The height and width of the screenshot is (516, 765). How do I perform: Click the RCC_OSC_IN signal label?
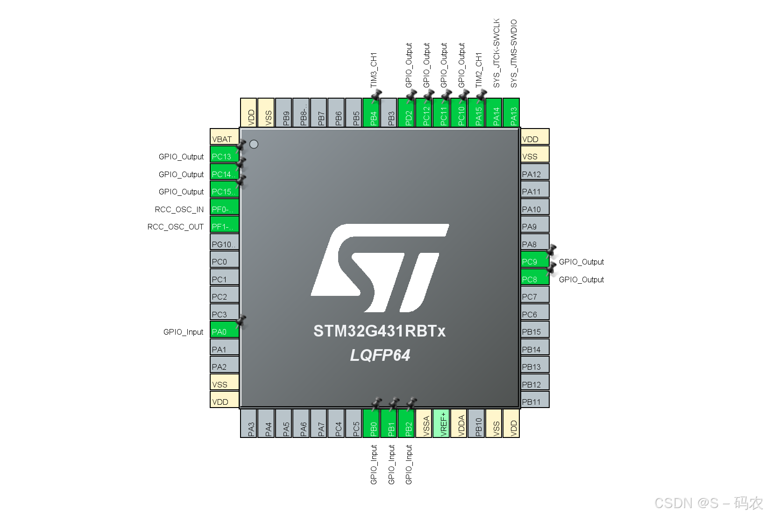(x=179, y=209)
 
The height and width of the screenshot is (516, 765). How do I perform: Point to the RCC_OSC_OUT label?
(x=176, y=227)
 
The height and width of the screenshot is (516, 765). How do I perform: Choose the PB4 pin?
(x=373, y=113)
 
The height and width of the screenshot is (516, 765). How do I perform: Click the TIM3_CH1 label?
(x=374, y=70)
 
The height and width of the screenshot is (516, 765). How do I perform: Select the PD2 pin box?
(x=409, y=113)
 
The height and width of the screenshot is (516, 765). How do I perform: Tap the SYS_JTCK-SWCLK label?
(x=496, y=53)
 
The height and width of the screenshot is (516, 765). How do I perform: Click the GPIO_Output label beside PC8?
(x=581, y=279)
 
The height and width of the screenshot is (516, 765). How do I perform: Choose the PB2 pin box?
(x=409, y=423)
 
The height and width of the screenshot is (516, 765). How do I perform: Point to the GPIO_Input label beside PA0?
(x=183, y=332)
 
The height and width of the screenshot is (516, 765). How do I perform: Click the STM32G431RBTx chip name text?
(x=379, y=331)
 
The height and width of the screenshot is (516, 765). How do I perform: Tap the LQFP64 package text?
(x=380, y=355)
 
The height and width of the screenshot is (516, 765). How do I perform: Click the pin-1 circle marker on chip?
(x=254, y=144)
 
